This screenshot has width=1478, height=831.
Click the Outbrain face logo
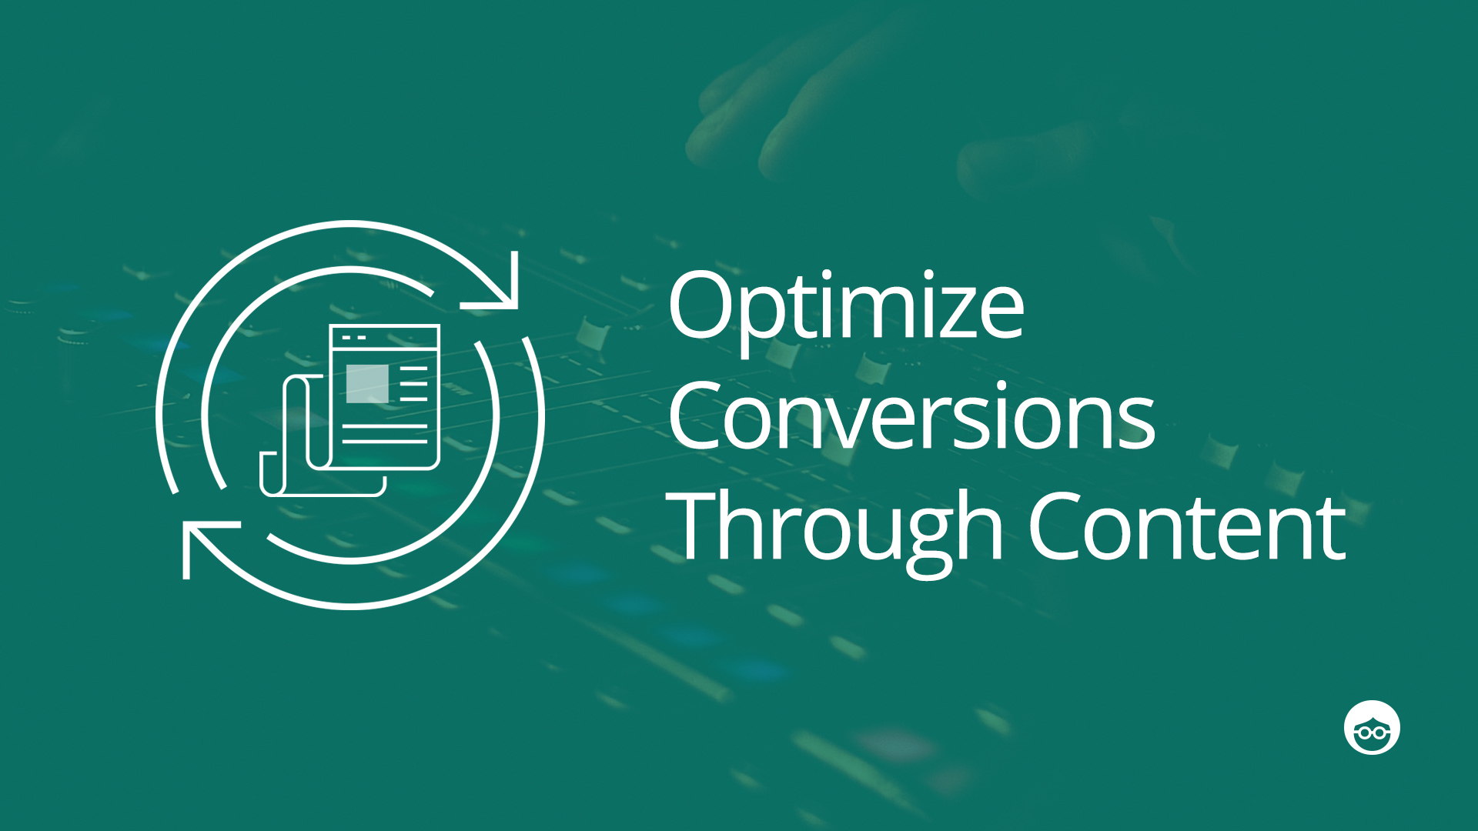[1372, 727]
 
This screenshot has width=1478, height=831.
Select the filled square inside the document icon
[367, 383]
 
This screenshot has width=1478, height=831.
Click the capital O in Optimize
[704, 305]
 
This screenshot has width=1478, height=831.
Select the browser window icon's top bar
[385, 336]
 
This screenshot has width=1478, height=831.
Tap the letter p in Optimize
[771, 323]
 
